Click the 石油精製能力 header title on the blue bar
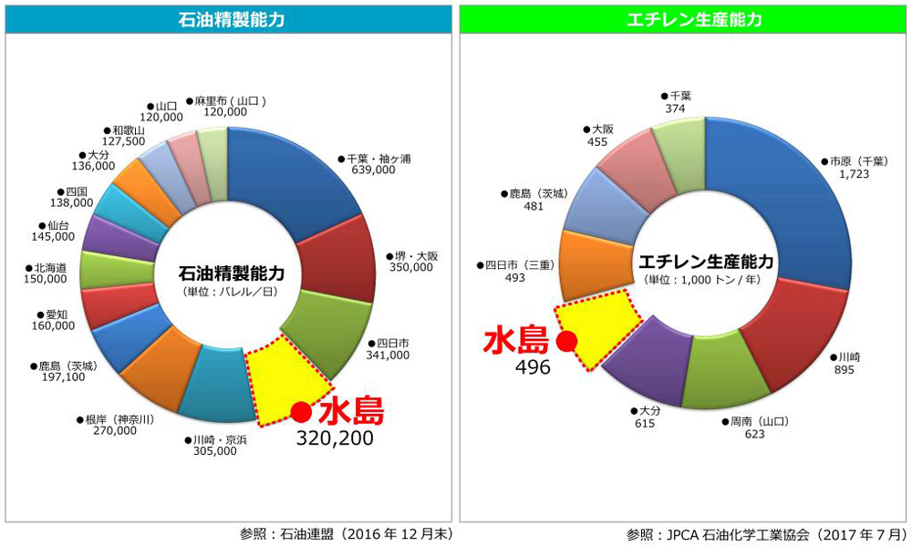tap(228, 18)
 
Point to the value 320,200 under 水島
tap(336, 438)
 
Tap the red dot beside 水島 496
tap(566, 342)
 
